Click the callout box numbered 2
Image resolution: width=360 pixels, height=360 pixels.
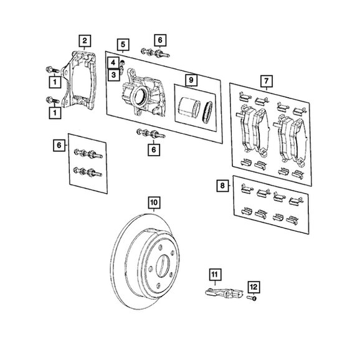pos(85,41)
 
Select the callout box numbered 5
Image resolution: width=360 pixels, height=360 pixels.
pos(123,45)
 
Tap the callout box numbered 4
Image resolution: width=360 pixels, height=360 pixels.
pos(113,62)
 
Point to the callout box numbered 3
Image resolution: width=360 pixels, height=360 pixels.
pos(113,75)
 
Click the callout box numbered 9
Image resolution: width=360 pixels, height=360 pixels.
pos(191,80)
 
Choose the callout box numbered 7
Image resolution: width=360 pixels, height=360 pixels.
pos(267,81)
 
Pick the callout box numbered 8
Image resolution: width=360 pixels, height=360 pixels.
pos(222,186)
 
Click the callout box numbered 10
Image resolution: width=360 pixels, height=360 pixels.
pos(154,202)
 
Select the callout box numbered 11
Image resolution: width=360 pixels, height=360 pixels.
pos(214,275)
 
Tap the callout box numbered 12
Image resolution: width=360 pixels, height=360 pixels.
pos(253,287)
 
